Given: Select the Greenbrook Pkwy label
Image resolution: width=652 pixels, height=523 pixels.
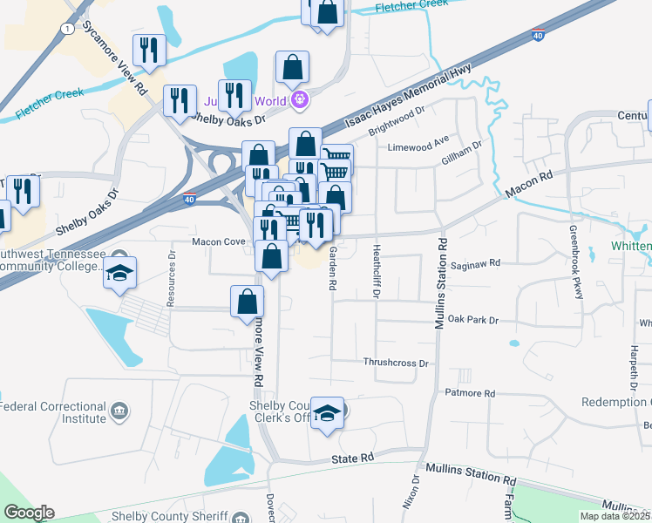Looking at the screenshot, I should tap(575, 262).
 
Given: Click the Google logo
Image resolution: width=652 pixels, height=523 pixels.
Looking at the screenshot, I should tap(29, 513).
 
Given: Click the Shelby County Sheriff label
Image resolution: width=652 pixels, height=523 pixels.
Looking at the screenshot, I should tap(170, 516).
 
